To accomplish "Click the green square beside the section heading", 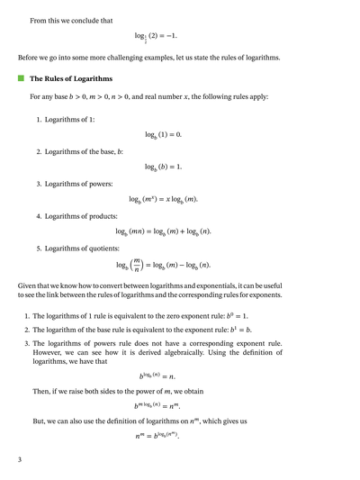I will click(22, 78).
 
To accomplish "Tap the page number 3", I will click(19, 460).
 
